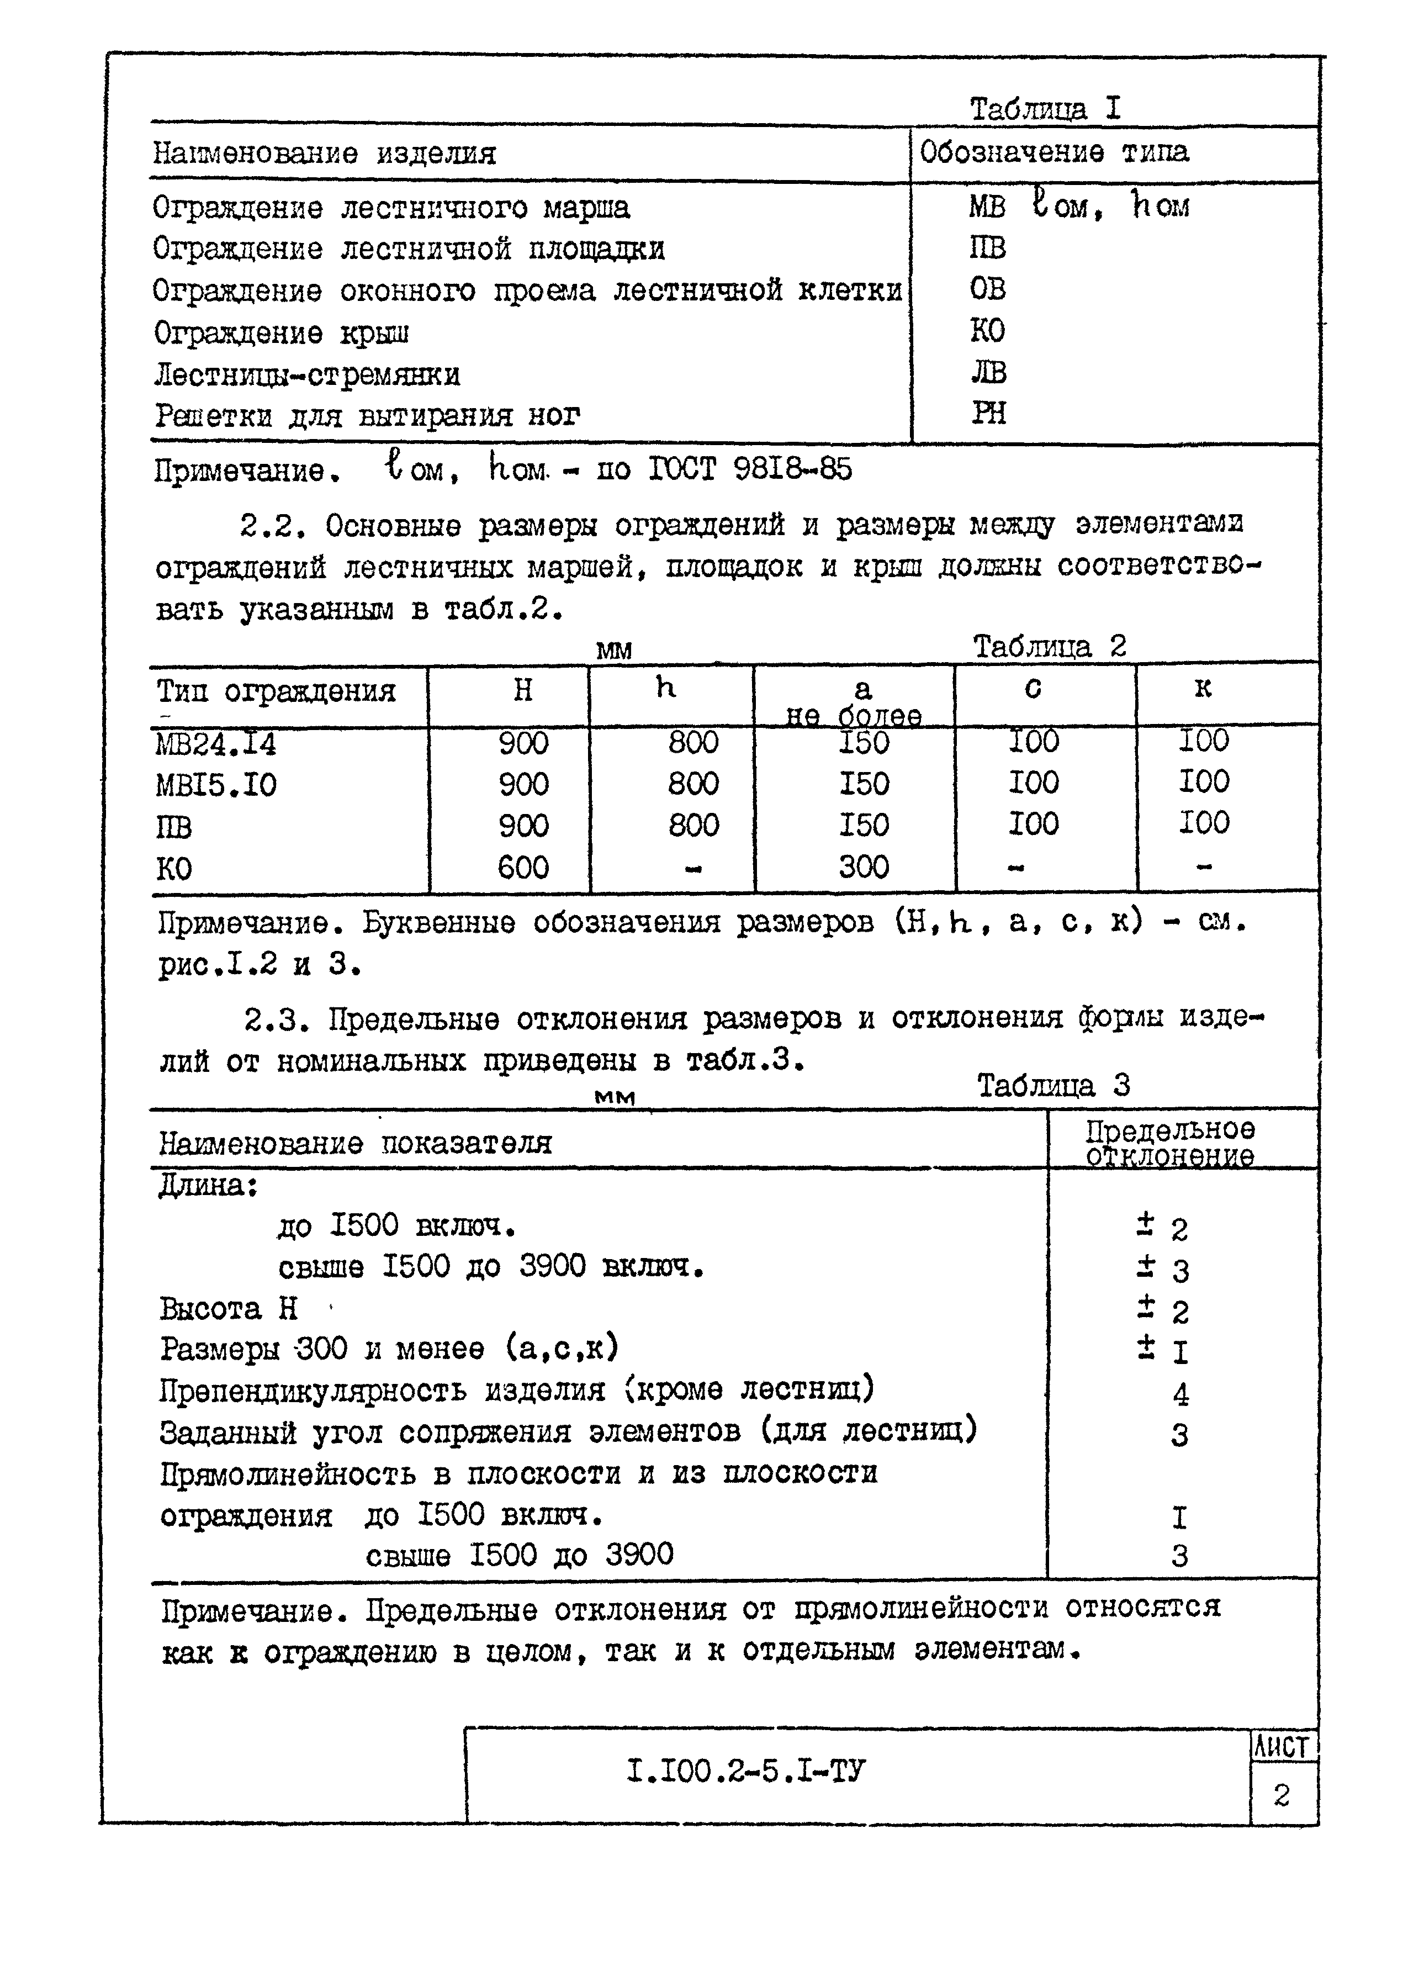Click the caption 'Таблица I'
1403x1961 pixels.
1045,109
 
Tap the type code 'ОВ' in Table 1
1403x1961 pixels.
987,288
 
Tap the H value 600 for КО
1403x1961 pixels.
523,866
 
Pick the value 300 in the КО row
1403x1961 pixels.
863,866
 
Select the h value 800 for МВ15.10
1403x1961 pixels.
693,784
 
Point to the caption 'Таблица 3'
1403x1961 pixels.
1052,1086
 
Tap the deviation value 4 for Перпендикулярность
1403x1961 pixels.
1180,1393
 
